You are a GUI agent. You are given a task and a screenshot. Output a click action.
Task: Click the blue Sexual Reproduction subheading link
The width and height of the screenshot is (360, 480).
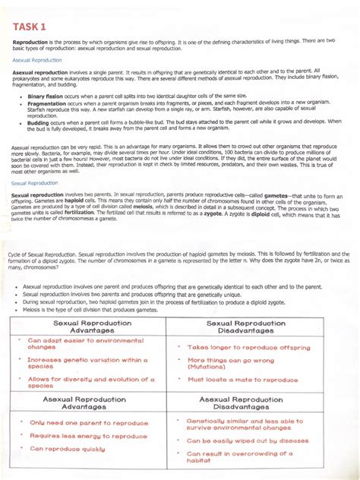[x=33, y=183]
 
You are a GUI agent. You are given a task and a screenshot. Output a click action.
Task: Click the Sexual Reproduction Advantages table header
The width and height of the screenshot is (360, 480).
[x=87, y=327]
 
